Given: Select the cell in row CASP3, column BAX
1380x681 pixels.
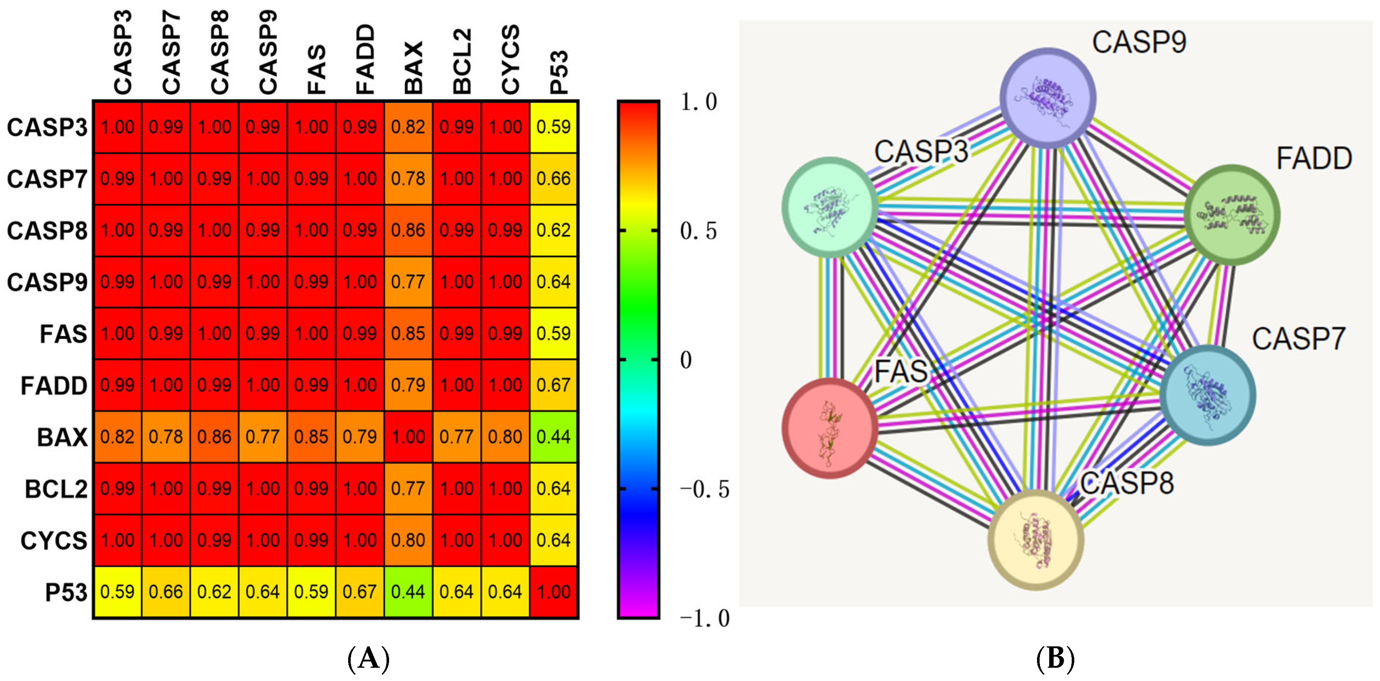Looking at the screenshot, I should [408, 127].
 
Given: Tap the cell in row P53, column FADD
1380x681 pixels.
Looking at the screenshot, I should [360, 591].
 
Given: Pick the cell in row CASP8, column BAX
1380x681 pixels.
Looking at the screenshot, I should [408, 230].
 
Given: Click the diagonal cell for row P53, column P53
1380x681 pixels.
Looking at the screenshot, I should [554, 591].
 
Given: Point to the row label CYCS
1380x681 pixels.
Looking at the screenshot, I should [53, 541].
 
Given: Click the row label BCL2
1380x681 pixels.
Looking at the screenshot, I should [56, 489].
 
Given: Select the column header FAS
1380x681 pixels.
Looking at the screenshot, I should [316, 70].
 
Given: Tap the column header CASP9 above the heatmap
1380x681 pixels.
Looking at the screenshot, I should [268, 52].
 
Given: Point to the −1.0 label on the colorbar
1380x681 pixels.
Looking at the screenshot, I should [704, 618].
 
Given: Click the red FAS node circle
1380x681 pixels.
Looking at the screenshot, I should [830, 427].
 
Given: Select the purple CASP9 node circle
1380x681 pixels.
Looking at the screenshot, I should [1048, 97].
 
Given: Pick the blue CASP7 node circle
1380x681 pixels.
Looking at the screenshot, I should [1207, 395].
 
